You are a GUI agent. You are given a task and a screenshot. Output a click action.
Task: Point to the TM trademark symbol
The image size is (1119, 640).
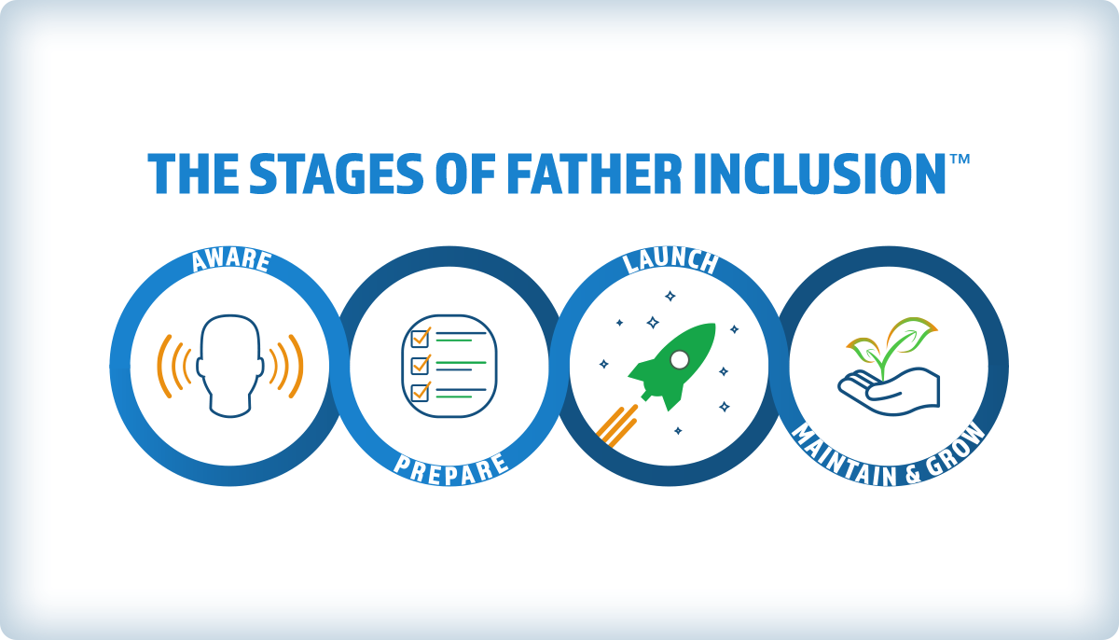[960, 160]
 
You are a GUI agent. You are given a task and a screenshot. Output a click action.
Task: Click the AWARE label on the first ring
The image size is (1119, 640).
[230, 261]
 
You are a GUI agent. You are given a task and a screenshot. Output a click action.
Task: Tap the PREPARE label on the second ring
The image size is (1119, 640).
[450, 466]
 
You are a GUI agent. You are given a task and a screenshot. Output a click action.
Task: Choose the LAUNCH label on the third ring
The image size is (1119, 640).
[670, 261]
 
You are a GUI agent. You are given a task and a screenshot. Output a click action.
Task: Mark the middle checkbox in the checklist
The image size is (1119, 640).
[420, 363]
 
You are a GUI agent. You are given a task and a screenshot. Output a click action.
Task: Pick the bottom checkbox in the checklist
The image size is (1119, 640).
[420, 389]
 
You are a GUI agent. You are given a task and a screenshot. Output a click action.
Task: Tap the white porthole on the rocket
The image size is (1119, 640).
[680, 359]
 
